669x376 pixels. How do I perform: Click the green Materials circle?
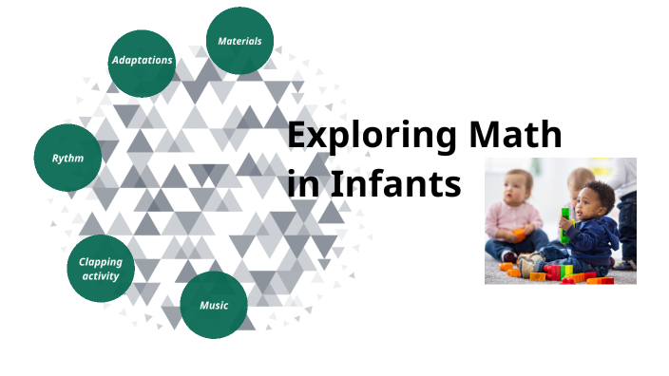[239, 41]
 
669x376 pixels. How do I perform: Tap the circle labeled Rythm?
[67, 158]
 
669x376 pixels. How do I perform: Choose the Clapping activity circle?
[100, 269]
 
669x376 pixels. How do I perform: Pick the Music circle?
[214, 305]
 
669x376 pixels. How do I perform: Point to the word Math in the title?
[513, 136]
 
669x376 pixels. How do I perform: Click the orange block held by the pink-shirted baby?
[519, 234]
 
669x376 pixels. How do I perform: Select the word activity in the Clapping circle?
[100, 276]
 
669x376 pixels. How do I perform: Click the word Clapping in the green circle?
[100, 261]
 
